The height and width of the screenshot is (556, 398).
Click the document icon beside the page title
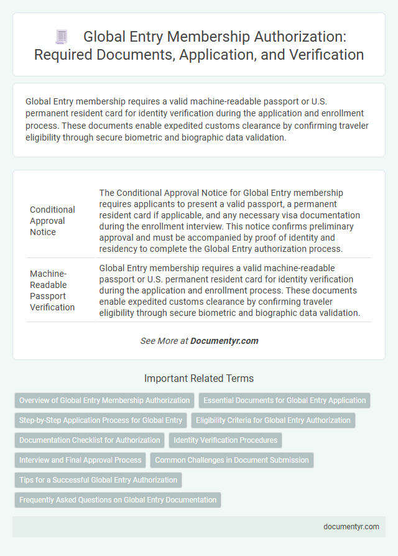pos(61,37)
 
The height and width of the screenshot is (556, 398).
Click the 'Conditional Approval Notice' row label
pos(52,221)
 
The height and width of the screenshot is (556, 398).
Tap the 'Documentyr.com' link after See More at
pos(224,341)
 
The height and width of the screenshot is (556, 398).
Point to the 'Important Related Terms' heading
pos(199,378)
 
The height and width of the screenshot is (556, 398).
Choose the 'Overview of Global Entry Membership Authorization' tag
pos(104,401)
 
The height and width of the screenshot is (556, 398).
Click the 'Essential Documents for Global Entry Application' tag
pos(284,401)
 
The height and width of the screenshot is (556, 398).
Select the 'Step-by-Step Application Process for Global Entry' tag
pos(100,420)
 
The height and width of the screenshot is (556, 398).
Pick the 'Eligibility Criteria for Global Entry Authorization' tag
pos(273,420)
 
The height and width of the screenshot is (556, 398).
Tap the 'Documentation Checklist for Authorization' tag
pos(90,440)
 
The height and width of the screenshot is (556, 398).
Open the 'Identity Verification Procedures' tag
pos(225,440)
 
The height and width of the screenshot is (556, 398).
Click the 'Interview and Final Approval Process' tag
pos(80,460)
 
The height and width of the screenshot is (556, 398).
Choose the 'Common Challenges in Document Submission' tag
pos(231,460)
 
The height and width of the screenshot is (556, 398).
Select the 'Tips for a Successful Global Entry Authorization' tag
pos(98,480)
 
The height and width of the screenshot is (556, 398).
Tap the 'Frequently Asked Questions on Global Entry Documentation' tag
pos(118,500)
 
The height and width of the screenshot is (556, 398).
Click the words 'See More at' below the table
pos(164,341)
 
